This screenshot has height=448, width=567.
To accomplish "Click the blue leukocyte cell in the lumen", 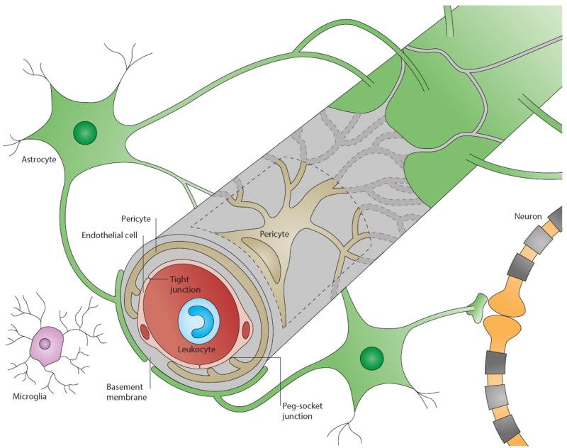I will click(198, 320).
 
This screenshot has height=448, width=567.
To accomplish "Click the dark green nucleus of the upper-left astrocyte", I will click(85, 133).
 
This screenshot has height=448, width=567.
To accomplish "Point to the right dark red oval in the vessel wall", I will click(247, 330).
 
